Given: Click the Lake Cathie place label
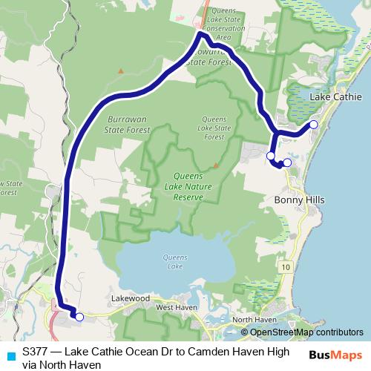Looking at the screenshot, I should coord(335,98).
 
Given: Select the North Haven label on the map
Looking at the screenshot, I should coord(254,320).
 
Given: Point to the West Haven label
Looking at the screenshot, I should coord(174,307).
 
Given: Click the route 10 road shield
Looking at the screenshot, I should coord(286,265).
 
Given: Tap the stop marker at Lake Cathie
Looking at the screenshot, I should coord(313,125).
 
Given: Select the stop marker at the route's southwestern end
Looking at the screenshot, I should coord(79,317).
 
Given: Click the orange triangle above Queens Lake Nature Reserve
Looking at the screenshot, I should coord(214,164).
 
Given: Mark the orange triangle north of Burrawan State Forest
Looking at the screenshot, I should coord(119,71).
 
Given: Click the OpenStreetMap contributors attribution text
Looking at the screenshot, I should coord(306,332).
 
